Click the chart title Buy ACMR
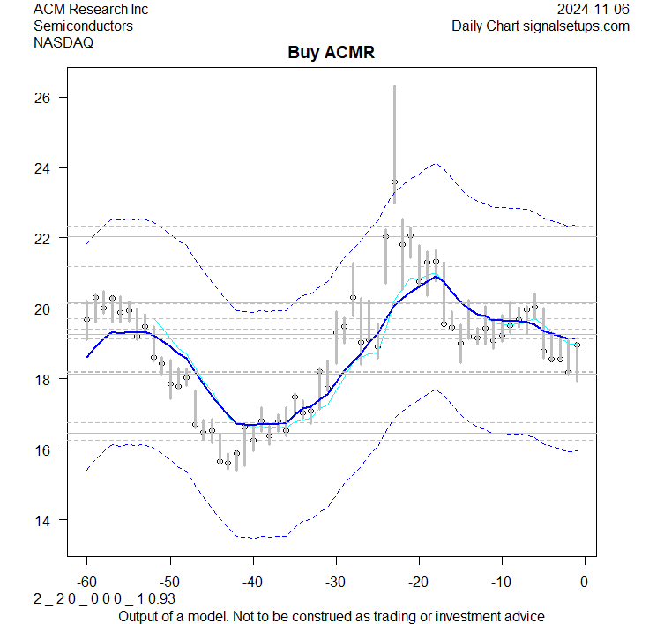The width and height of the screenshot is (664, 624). point(332,53)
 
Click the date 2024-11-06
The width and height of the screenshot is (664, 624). point(593,10)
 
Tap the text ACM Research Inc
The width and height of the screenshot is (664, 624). point(91,10)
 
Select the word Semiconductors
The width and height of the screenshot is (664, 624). point(83,26)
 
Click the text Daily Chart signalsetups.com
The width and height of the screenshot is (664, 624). point(541,26)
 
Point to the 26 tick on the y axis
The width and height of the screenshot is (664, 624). point(40,98)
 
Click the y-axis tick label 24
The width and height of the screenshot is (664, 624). point(40,168)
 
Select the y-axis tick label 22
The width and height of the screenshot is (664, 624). point(40,238)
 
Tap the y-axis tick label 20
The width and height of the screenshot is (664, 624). point(40,308)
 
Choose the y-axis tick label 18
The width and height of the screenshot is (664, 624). point(40,379)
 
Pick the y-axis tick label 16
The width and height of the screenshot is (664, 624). point(40,449)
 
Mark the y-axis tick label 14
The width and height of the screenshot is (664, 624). point(40,520)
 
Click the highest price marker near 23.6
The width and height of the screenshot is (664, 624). point(394,182)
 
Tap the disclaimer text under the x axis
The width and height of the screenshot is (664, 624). point(332,616)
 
